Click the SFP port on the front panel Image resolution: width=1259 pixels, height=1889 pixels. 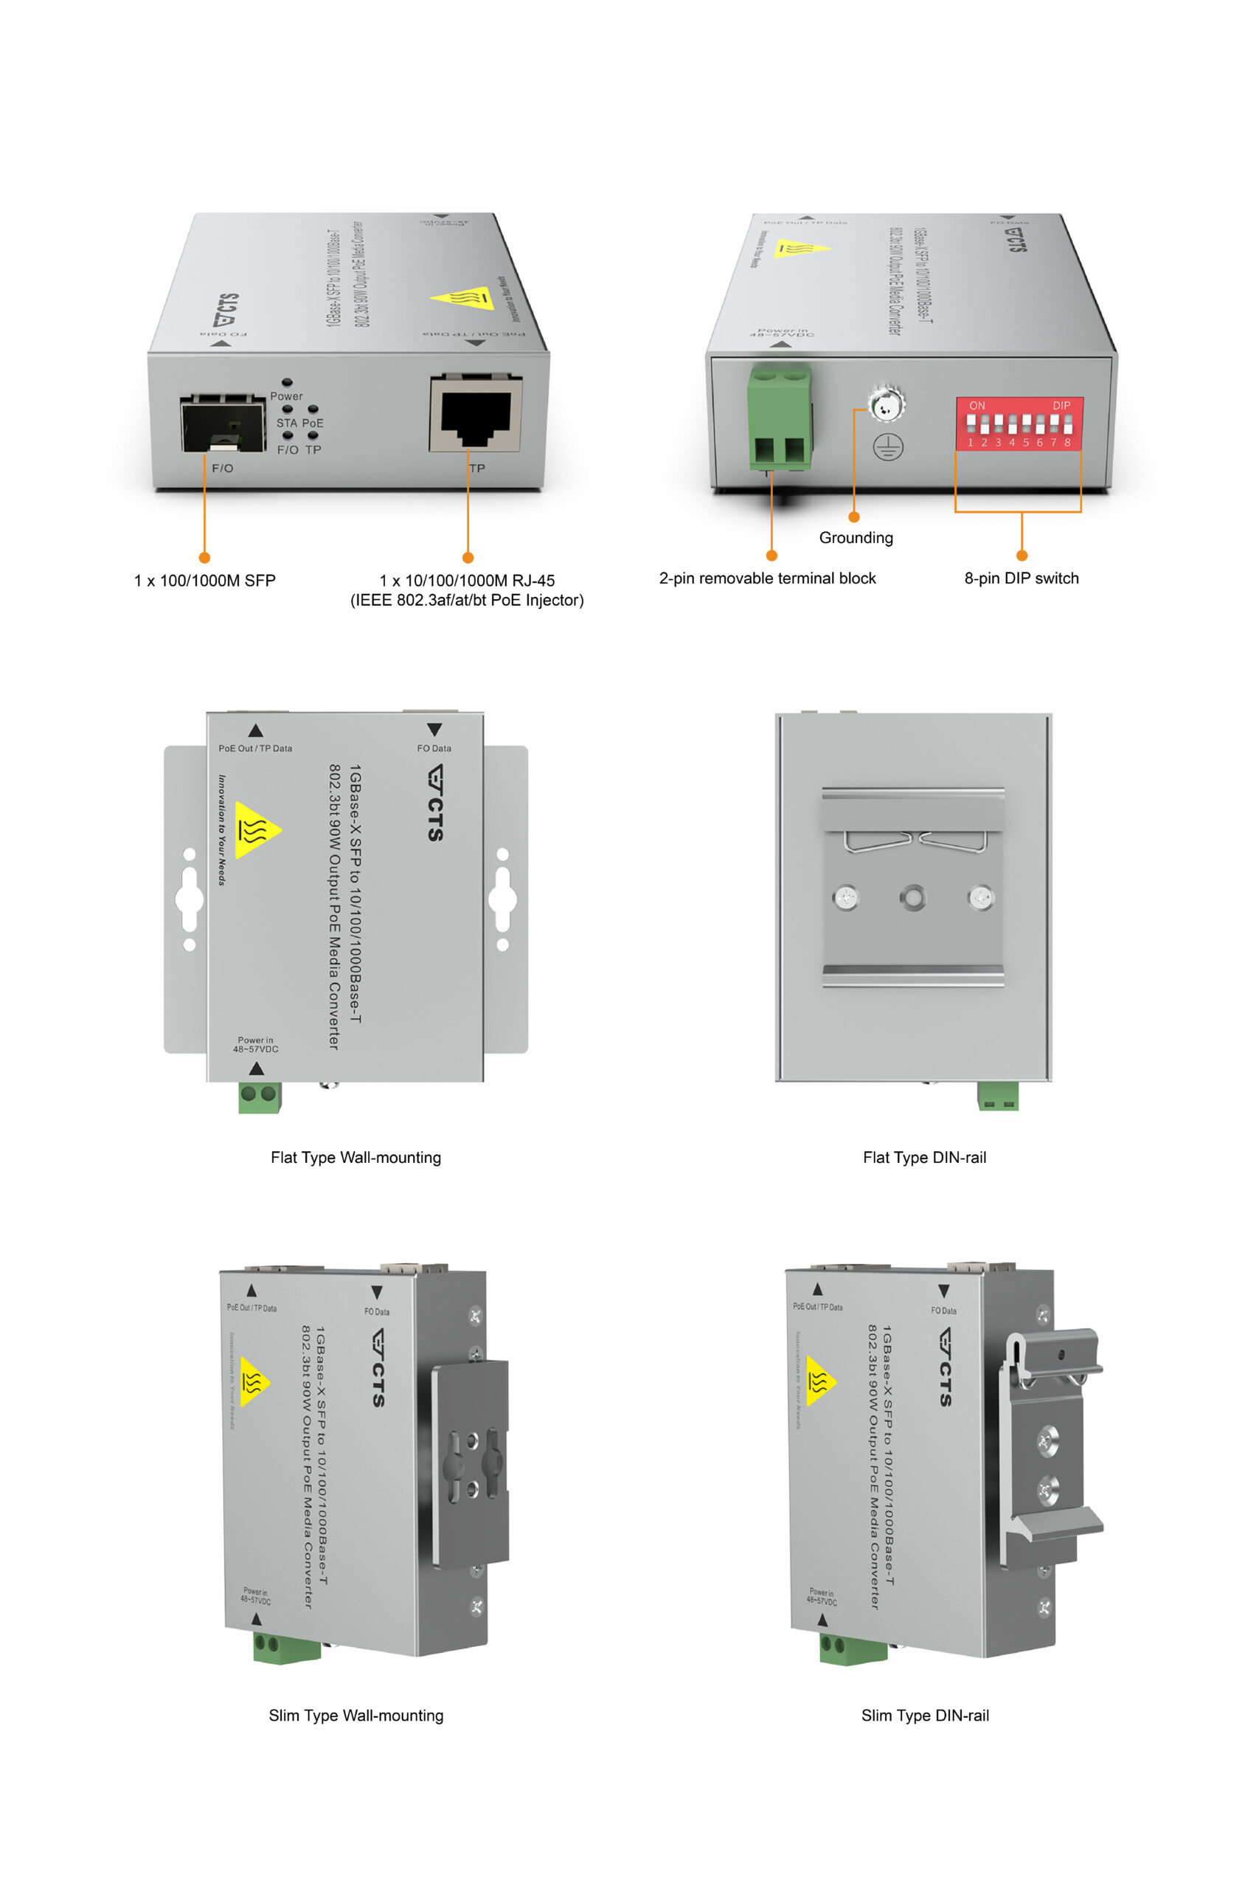pos(223,424)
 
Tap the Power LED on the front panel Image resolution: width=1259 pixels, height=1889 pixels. pos(287,383)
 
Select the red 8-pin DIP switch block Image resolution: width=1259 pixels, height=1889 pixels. pos(1019,424)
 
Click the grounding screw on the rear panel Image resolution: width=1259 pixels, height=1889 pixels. pos(886,404)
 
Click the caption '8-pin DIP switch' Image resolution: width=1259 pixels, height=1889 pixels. pos(1022,579)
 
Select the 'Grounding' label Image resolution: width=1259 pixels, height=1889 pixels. pos(856,537)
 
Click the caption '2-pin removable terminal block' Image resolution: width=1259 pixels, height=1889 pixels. pos(767,579)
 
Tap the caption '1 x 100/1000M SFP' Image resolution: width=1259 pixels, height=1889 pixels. pos(205,580)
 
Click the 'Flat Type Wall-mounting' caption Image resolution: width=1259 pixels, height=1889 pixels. pos(355,1157)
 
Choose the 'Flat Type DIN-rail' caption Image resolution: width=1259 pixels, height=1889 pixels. pos(924,1157)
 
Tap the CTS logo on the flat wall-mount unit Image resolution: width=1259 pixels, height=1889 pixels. pos(435,802)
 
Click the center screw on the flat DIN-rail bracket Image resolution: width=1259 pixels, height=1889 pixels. pos(912,897)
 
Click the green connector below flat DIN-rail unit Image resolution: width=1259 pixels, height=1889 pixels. pos(997,1096)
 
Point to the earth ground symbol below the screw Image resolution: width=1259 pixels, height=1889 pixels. pos(888,446)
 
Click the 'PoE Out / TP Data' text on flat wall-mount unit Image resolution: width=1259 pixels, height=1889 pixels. pos(255,747)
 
